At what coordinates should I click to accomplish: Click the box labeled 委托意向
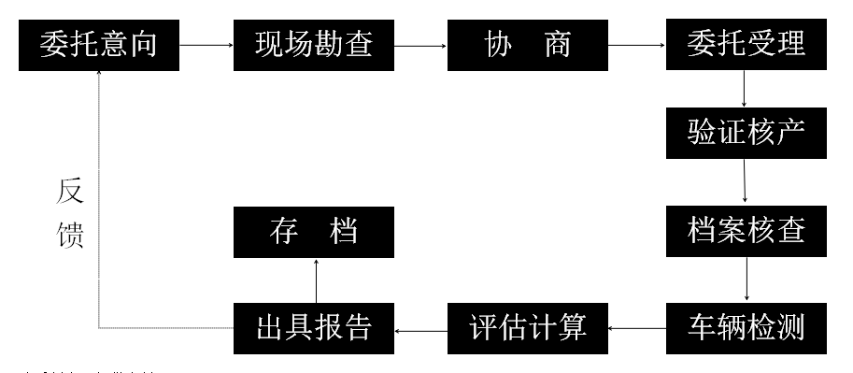click(98, 44)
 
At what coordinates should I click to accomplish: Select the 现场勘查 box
click(314, 44)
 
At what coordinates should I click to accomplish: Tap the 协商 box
click(528, 44)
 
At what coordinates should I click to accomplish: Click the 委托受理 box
click(746, 44)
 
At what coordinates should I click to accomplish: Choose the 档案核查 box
click(746, 230)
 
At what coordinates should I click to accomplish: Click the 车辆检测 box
click(746, 328)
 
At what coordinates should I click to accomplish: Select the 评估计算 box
click(528, 328)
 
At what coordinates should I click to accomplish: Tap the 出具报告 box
click(314, 328)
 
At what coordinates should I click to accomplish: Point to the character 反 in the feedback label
click(70, 192)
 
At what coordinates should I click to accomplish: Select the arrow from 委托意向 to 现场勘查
click(206, 44)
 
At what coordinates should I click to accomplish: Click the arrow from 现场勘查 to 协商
click(420, 44)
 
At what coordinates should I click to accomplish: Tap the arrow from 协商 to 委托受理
click(636, 44)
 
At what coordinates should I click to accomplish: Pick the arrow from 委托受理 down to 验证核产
click(744, 89)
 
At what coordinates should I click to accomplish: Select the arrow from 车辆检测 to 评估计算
click(636, 328)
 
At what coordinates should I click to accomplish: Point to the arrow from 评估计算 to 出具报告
click(420, 328)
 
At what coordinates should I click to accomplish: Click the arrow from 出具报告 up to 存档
click(316, 280)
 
